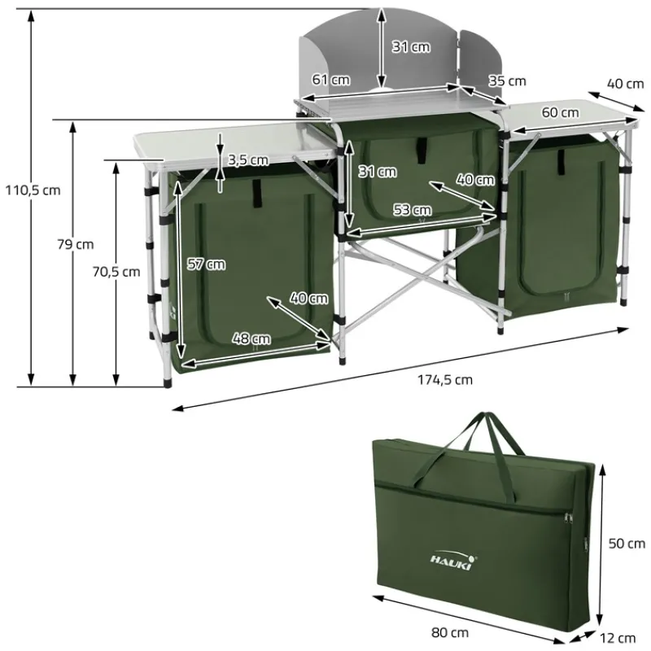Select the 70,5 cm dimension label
[116, 272]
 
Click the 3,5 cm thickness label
[248, 159]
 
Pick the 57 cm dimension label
[205, 264]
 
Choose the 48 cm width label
[251, 339]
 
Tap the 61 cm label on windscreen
[330, 80]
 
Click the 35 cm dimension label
[507, 81]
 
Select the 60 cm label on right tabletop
[559, 112]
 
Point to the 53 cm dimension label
[412, 210]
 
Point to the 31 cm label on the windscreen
[411, 46]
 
